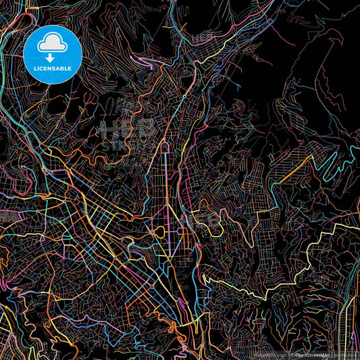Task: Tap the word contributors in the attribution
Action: click(x=344, y=355)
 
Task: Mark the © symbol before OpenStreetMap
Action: click(x=292, y=355)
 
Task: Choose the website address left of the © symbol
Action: click(x=270, y=355)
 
